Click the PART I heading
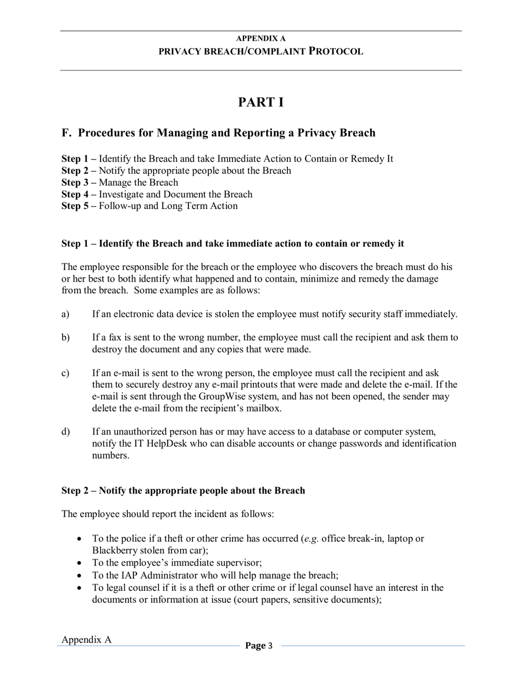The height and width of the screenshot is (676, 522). coord(261,102)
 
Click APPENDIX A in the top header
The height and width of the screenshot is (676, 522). coord(260,39)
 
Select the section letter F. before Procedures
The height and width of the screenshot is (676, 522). coord(67,133)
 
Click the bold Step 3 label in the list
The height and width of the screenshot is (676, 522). coord(79,183)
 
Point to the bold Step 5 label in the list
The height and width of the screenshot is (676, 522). coord(79,206)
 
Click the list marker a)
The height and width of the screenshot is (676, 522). coord(65,315)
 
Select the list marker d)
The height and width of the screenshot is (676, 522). coord(65,432)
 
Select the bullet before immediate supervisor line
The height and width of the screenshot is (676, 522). coord(80,563)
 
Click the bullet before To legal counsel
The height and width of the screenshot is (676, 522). coord(80,588)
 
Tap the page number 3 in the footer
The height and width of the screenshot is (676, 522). coord(270,646)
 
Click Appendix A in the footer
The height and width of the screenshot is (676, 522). coord(86,640)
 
